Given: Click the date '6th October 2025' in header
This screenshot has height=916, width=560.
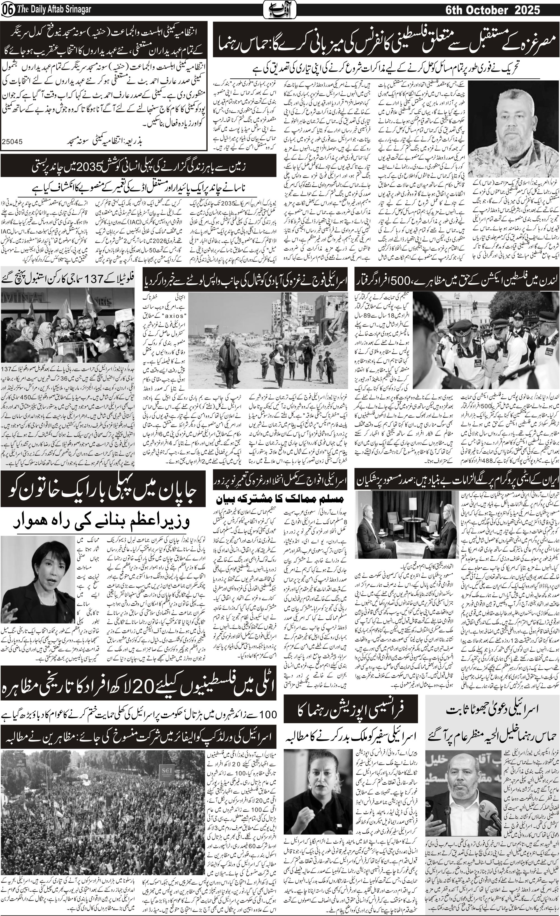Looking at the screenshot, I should (x=493, y=10).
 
